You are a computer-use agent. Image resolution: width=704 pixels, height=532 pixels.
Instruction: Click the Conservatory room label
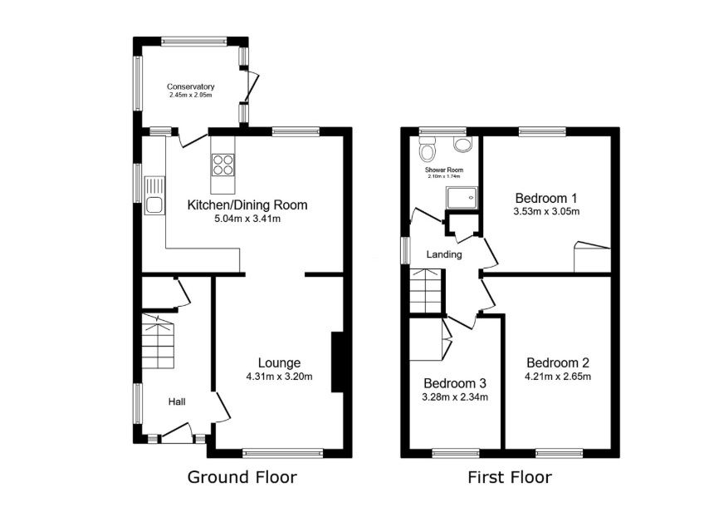(x=190, y=86)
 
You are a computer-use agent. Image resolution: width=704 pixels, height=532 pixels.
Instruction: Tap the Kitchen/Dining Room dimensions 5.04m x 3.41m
(x=247, y=219)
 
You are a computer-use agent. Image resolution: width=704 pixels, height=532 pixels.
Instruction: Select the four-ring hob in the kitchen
(x=222, y=165)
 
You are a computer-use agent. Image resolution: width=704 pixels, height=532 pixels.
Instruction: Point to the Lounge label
(x=279, y=363)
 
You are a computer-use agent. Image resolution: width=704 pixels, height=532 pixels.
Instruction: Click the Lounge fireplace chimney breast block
(x=337, y=362)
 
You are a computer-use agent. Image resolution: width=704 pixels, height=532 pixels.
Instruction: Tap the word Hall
(x=177, y=401)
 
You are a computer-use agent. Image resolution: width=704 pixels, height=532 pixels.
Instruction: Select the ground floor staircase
(x=158, y=342)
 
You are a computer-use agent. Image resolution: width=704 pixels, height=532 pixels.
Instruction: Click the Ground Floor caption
(x=242, y=477)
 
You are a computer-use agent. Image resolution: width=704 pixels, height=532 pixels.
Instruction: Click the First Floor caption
(x=510, y=477)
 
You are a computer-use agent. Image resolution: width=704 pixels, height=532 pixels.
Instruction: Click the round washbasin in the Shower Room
(x=463, y=145)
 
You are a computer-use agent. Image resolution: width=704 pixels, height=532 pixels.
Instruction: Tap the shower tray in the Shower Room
(x=461, y=197)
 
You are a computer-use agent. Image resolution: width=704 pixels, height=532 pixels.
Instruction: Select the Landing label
(x=444, y=254)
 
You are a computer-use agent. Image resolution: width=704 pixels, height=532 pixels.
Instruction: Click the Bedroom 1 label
(x=546, y=199)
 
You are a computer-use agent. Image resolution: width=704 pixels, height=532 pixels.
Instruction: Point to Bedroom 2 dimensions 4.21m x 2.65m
(x=558, y=377)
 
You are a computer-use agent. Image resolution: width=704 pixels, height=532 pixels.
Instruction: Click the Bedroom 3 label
(x=455, y=383)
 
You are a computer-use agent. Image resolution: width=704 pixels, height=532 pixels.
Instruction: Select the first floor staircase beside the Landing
(x=427, y=290)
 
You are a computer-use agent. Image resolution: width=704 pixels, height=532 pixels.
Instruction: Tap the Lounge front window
(x=283, y=453)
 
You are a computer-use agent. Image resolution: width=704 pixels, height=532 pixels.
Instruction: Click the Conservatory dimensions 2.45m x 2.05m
(x=190, y=96)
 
